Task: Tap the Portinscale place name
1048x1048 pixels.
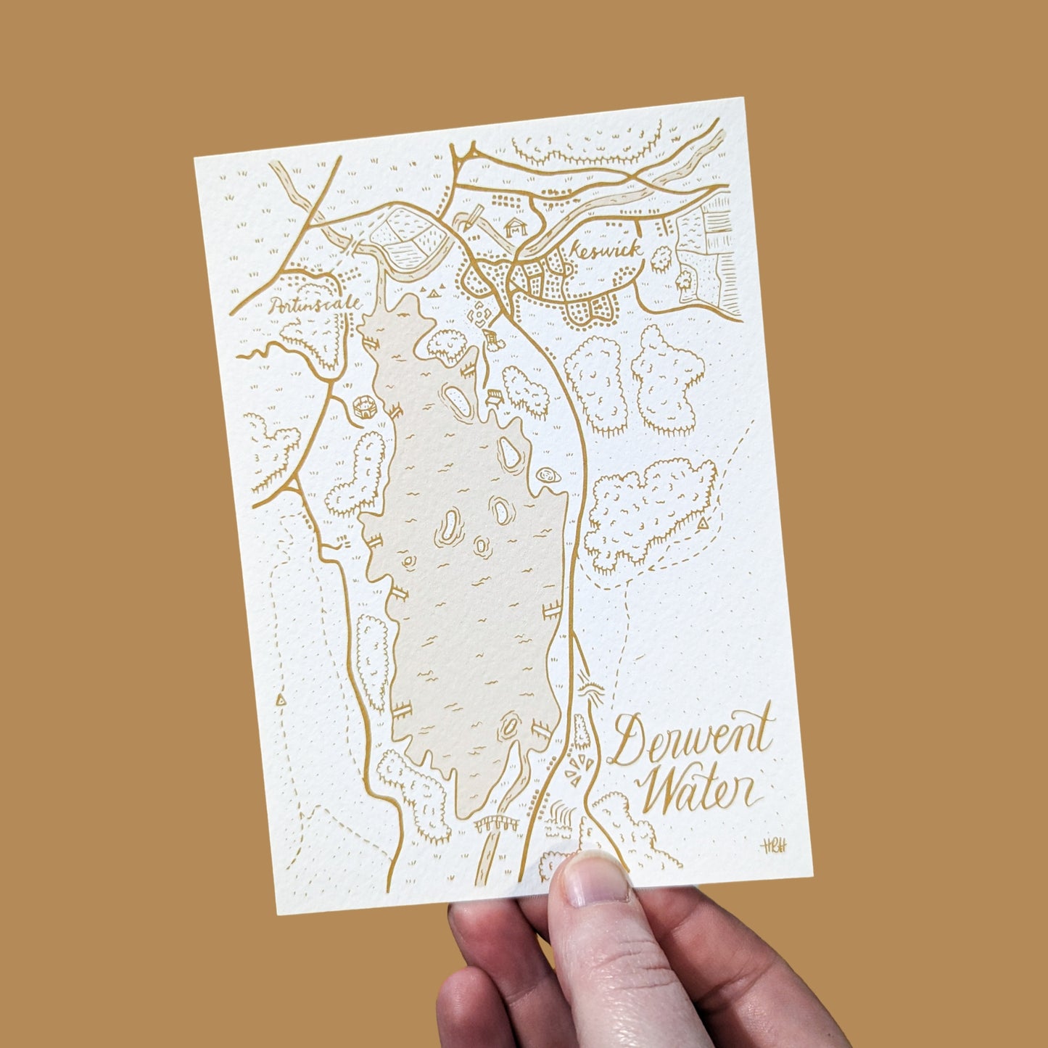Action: coord(315,305)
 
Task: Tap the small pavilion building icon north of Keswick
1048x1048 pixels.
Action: coord(516,226)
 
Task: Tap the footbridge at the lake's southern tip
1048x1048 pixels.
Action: coord(498,823)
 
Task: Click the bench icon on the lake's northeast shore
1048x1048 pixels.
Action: coord(496,395)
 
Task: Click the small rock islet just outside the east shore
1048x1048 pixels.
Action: coord(548,476)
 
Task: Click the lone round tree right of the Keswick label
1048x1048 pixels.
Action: coord(661,257)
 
